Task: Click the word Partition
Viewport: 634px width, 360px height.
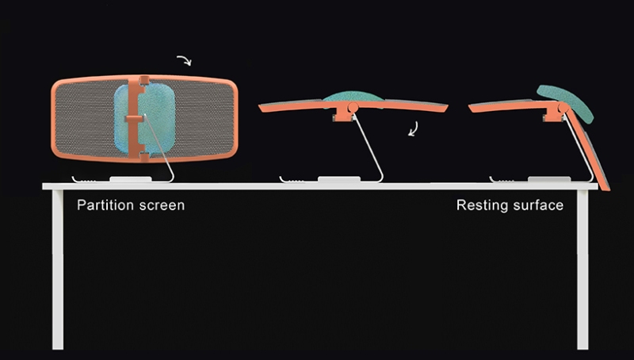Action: [x=105, y=205]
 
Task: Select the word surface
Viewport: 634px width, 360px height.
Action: [x=538, y=205]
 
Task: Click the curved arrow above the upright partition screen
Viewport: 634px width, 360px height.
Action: [x=184, y=60]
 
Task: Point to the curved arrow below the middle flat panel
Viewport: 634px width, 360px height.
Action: [x=413, y=129]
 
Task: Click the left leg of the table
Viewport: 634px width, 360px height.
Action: [x=58, y=270]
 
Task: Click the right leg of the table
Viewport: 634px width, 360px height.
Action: [x=582, y=270]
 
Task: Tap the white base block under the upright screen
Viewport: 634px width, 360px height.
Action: [x=131, y=178]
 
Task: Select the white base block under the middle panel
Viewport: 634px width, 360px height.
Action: [x=339, y=178]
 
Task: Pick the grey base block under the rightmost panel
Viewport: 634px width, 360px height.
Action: [x=549, y=178]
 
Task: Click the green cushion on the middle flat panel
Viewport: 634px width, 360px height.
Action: [x=353, y=96]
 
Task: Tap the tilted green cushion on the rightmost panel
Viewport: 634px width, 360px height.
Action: [x=566, y=103]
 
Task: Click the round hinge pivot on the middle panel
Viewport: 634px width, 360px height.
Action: [x=353, y=107]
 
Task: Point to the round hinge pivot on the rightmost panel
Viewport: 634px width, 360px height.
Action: [x=563, y=107]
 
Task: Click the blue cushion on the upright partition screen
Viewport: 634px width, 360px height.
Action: [x=144, y=120]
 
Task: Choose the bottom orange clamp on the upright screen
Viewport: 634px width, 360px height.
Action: [x=144, y=156]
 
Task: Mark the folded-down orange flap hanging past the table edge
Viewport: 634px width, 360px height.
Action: [x=588, y=149]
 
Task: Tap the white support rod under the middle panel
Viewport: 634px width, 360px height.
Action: [x=368, y=148]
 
